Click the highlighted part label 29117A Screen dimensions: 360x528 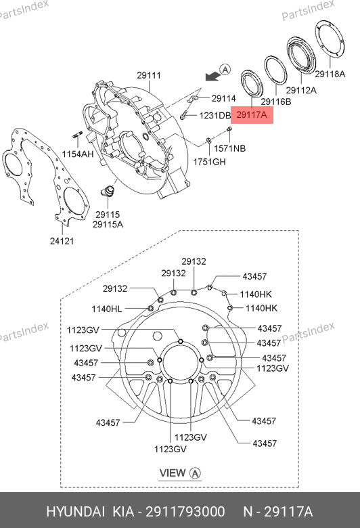click(x=252, y=115)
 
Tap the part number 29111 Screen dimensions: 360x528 click(x=149, y=75)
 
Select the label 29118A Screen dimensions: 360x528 click(x=330, y=74)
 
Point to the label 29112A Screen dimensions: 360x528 click(x=301, y=90)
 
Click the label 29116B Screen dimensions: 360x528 click(x=276, y=102)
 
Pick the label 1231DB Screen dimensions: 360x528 click(x=215, y=116)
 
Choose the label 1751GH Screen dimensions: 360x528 click(x=209, y=162)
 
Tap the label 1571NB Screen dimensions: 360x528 click(x=229, y=148)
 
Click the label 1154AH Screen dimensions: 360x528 click(x=78, y=154)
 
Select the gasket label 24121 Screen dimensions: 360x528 click(x=62, y=241)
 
